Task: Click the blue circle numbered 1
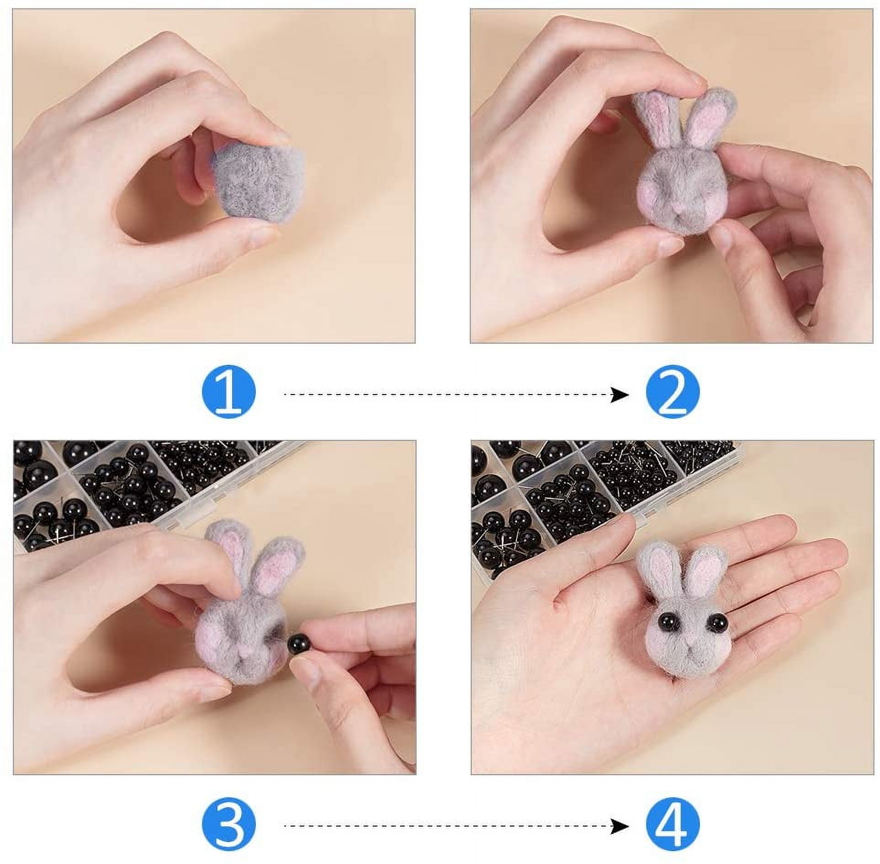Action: [x=228, y=393]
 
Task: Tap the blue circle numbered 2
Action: [x=673, y=393]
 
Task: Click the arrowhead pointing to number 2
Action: [x=620, y=394]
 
